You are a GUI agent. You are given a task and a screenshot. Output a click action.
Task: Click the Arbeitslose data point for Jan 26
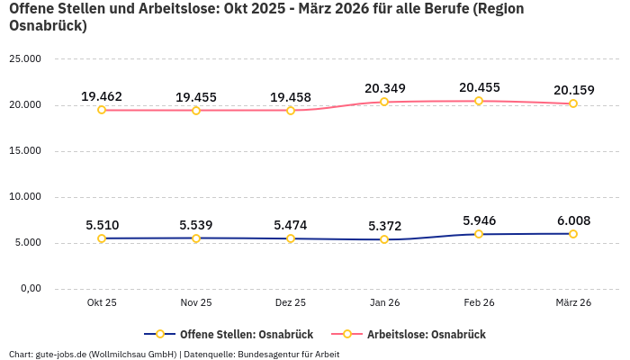coord(384,102)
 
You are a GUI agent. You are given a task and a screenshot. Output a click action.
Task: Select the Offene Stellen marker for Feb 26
coord(479,234)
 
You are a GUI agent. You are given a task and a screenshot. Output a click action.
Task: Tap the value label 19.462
coord(102,96)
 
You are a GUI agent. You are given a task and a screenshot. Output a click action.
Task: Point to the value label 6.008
coord(573,220)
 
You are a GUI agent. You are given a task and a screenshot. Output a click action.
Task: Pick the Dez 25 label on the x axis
coord(290,303)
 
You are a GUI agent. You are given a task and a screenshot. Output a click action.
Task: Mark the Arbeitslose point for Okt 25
coord(102,110)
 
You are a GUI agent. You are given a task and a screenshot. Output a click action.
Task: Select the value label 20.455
coord(479,87)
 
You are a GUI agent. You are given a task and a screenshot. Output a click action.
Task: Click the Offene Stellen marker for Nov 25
coord(196,238)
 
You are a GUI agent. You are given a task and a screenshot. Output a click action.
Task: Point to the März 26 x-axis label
coord(573,303)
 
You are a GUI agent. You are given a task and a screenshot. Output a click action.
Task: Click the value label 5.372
coord(384,226)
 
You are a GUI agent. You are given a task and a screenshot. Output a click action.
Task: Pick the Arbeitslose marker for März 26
coord(573,103)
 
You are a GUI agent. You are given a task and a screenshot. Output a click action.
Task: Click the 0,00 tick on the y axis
coord(30,289)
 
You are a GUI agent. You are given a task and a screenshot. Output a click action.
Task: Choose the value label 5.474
coord(290,225)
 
